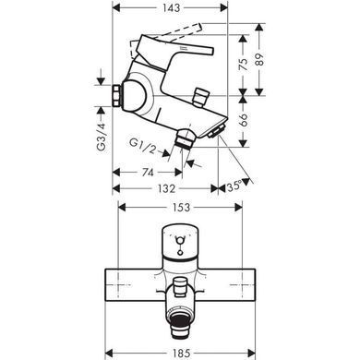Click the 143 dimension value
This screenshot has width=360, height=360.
(x=170, y=7)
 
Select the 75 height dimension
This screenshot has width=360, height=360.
(x=244, y=65)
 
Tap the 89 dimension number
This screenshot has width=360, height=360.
(x=260, y=60)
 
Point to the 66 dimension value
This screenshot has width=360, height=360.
(x=244, y=120)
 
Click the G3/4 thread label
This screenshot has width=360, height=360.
(x=102, y=137)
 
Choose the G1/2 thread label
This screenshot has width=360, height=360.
(x=143, y=146)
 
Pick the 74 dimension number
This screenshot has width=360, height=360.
(x=148, y=173)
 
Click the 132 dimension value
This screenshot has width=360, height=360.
(x=166, y=188)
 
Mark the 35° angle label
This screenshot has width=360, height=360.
(x=234, y=186)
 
